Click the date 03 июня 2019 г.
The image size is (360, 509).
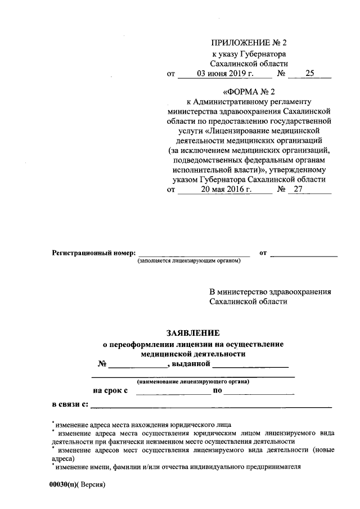(226, 73)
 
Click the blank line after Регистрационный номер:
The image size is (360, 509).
(194, 254)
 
